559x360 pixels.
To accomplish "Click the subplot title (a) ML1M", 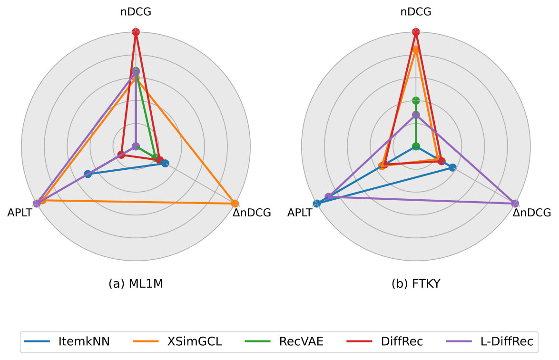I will pos(136,284).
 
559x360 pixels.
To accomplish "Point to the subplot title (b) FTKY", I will pos(416,284).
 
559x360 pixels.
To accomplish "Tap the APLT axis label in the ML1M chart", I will pos(20,213).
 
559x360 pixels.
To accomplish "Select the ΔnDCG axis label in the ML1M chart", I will pos(252,213).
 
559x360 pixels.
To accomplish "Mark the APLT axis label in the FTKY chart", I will pos(300,213).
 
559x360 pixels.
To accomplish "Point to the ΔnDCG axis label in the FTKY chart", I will pos(531,213).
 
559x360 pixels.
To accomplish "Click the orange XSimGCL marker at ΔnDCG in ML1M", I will pos(235,204).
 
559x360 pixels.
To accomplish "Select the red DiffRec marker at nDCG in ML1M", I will pos(136,32).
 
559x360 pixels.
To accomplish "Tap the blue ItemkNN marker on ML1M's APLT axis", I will pos(88,174).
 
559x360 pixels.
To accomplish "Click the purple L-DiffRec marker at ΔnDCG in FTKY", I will pos(515,204).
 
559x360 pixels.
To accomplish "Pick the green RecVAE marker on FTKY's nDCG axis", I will pos(416,101).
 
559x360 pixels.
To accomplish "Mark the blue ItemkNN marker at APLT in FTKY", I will pos(317,204).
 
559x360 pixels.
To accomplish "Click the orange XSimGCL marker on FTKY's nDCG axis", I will pos(416,49).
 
